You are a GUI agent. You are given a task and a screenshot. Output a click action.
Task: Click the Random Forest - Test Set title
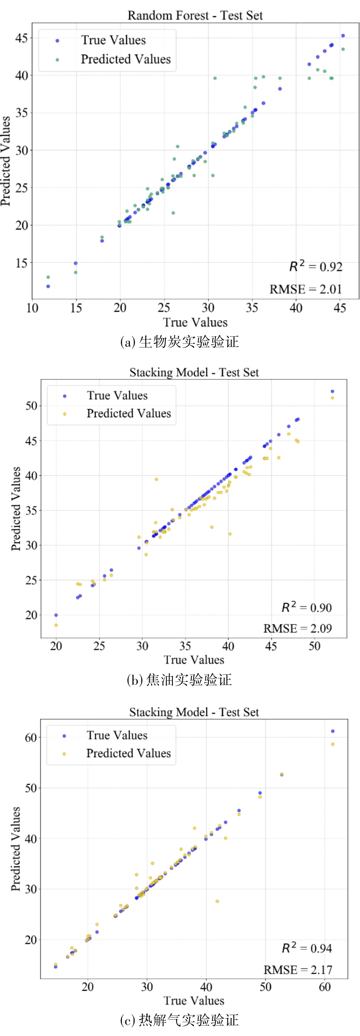tap(195, 15)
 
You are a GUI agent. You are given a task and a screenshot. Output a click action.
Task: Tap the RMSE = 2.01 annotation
tap(305, 289)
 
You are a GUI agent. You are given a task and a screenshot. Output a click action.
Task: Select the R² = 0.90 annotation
tap(306, 607)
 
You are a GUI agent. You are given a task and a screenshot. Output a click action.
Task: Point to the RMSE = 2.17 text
tap(298, 970)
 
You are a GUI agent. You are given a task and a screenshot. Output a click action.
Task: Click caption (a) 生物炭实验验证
tap(179, 342)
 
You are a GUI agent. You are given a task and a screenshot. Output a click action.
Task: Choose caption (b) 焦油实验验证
tap(179, 680)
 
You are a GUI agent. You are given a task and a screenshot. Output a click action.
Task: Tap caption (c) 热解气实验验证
tap(179, 1020)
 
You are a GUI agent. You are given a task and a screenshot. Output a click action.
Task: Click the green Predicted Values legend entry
tap(125, 59)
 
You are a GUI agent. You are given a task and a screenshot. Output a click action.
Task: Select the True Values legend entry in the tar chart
tap(117, 396)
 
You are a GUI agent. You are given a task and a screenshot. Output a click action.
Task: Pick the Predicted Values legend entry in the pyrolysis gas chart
tap(128, 753)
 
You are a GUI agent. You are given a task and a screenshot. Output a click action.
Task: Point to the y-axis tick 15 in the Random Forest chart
tap(22, 263)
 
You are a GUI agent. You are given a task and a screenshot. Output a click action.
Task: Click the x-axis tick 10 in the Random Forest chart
tap(32, 308)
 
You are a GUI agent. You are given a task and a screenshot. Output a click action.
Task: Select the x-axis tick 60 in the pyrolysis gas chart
tap(325, 987)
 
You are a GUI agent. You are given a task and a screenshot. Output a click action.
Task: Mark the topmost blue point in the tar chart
tap(332, 391)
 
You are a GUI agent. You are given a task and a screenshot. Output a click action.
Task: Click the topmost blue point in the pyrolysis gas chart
tap(333, 731)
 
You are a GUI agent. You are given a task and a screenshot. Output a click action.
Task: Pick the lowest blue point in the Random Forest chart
tap(48, 286)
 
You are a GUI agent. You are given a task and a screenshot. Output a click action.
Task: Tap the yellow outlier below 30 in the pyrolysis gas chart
tap(217, 901)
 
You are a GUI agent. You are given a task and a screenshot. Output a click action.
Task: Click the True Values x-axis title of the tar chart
tap(194, 660)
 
